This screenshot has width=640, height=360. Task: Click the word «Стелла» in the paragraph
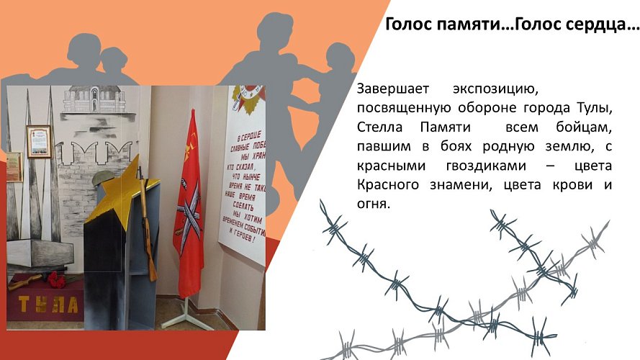[379, 127]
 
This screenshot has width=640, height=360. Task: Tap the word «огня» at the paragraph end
[372, 204]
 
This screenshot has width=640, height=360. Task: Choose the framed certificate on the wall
[39, 141]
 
